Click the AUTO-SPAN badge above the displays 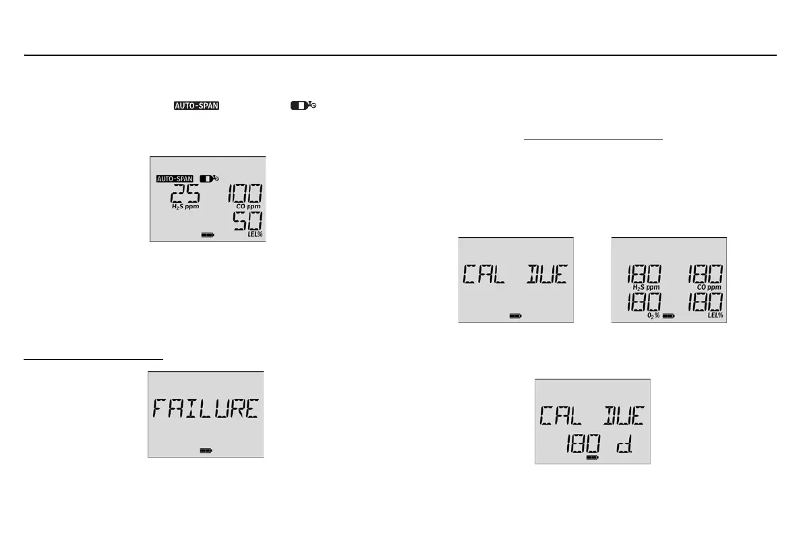[x=196, y=106]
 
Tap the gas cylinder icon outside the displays [x=303, y=106]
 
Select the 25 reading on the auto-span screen [x=184, y=194]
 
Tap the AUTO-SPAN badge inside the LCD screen [x=175, y=179]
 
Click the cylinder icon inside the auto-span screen [x=209, y=179]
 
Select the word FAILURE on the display [x=205, y=408]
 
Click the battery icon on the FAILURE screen [x=206, y=450]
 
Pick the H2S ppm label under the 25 [x=184, y=206]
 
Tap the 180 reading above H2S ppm [x=643, y=274]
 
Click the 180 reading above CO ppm [x=705, y=274]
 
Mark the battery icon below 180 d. [x=593, y=457]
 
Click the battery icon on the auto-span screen [x=208, y=235]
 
